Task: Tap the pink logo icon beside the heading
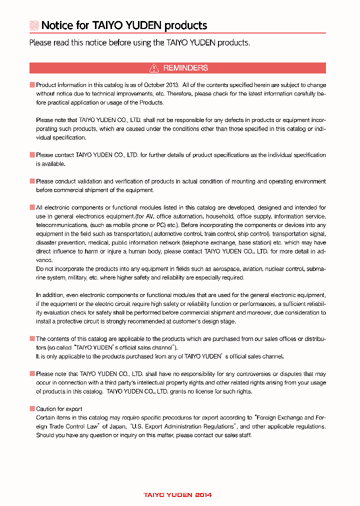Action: (34, 25)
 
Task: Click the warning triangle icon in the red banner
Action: (154, 68)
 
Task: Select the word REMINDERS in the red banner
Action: (185, 68)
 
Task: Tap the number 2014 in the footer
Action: (203, 495)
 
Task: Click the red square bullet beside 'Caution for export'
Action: (32, 409)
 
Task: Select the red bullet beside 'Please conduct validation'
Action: (32, 181)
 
